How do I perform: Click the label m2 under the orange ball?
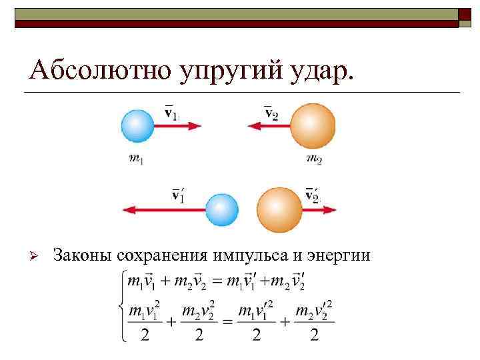(x=313, y=159)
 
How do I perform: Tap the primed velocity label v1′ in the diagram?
(x=179, y=195)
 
